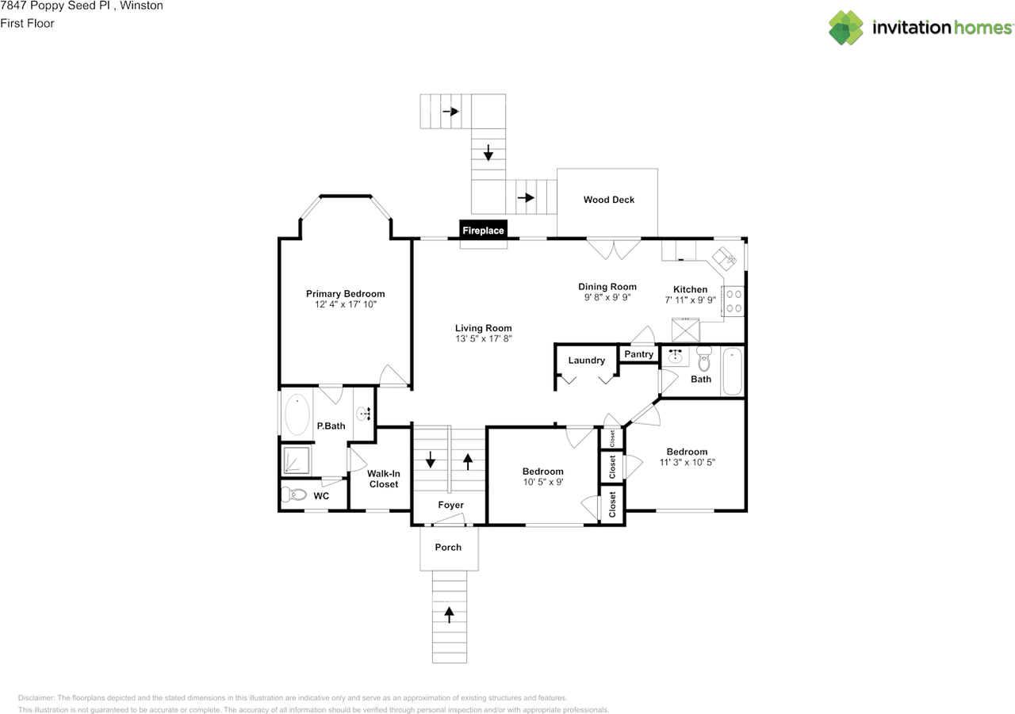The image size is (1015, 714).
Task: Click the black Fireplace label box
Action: (483, 230)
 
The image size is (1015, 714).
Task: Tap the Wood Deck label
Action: (608, 200)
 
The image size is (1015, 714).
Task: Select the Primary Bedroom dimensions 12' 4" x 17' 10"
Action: (345, 304)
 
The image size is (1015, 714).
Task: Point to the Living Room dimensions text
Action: (484, 338)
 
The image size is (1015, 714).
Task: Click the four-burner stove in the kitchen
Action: (733, 301)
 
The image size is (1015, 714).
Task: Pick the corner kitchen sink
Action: (724, 258)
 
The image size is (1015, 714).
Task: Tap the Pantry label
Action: (638, 354)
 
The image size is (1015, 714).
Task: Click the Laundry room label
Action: (586, 361)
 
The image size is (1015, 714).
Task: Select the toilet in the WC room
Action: (294, 494)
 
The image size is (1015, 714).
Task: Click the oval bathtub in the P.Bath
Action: (297, 414)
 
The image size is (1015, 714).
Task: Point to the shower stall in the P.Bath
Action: (297, 460)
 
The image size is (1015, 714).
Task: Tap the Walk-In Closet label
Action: (383, 479)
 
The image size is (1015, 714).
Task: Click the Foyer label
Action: (450, 505)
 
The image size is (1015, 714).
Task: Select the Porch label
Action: (448, 547)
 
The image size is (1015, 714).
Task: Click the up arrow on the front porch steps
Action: (449, 615)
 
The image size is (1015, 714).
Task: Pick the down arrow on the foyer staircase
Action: (431, 459)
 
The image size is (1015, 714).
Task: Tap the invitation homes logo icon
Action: (845, 28)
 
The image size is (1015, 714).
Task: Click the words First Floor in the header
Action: (27, 23)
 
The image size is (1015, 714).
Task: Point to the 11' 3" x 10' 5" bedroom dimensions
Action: (687, 462)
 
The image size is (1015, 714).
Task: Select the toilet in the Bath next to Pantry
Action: (703, 358)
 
